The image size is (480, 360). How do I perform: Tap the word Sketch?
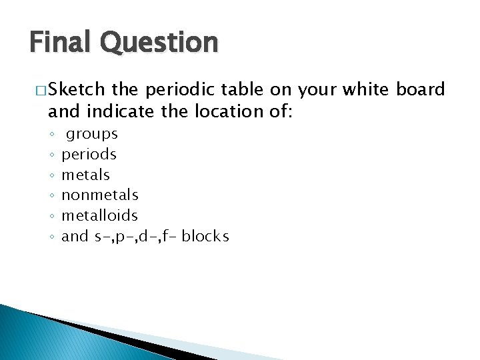[x=77, y=89]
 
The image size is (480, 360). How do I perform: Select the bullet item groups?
[x=92, y=134]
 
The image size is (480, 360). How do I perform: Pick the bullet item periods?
[x=89, y=155]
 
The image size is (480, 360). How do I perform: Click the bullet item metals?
[x=85, y=175]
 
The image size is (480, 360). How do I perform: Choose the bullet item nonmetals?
[x=100, y=195]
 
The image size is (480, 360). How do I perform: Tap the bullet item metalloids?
[x=100, y=215]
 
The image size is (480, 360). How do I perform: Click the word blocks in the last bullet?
[x=205, y=236]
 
